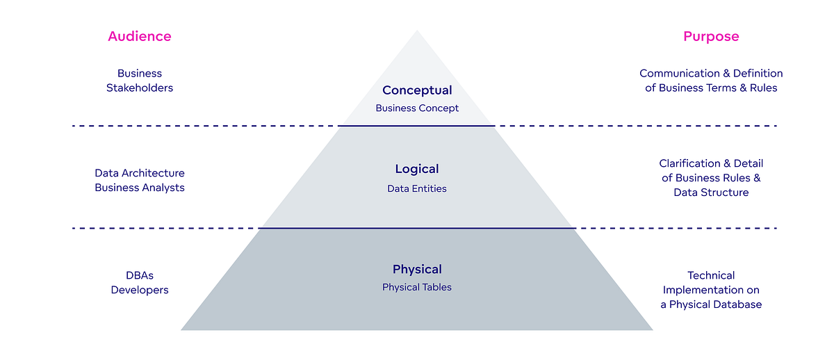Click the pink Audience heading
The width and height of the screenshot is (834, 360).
pos(139,36)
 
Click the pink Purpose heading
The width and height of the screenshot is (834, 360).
pos(711,36)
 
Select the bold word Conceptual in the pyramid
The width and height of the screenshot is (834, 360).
pos(417,90)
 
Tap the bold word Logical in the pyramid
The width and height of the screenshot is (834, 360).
pos(417,169)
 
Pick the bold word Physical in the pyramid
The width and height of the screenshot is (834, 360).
pos(417,270)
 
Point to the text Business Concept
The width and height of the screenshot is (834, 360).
pos(417,108)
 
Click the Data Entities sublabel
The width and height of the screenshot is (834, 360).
pos(417,188)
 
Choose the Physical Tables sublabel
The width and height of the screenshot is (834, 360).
pos(417,287)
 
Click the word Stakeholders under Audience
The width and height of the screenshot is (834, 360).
pos(140,88)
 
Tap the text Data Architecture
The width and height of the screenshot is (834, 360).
pos(140,173)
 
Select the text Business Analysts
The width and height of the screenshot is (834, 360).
pos(140,188)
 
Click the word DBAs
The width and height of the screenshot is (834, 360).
pos(140,275)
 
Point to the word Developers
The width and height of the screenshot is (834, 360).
pos(140,290)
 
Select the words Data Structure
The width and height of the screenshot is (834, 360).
pos(711,193)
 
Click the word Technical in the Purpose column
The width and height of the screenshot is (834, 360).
pos(711,275)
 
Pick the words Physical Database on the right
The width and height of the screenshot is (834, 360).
pos(716,304)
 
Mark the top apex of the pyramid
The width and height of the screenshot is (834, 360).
pos(417,31)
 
